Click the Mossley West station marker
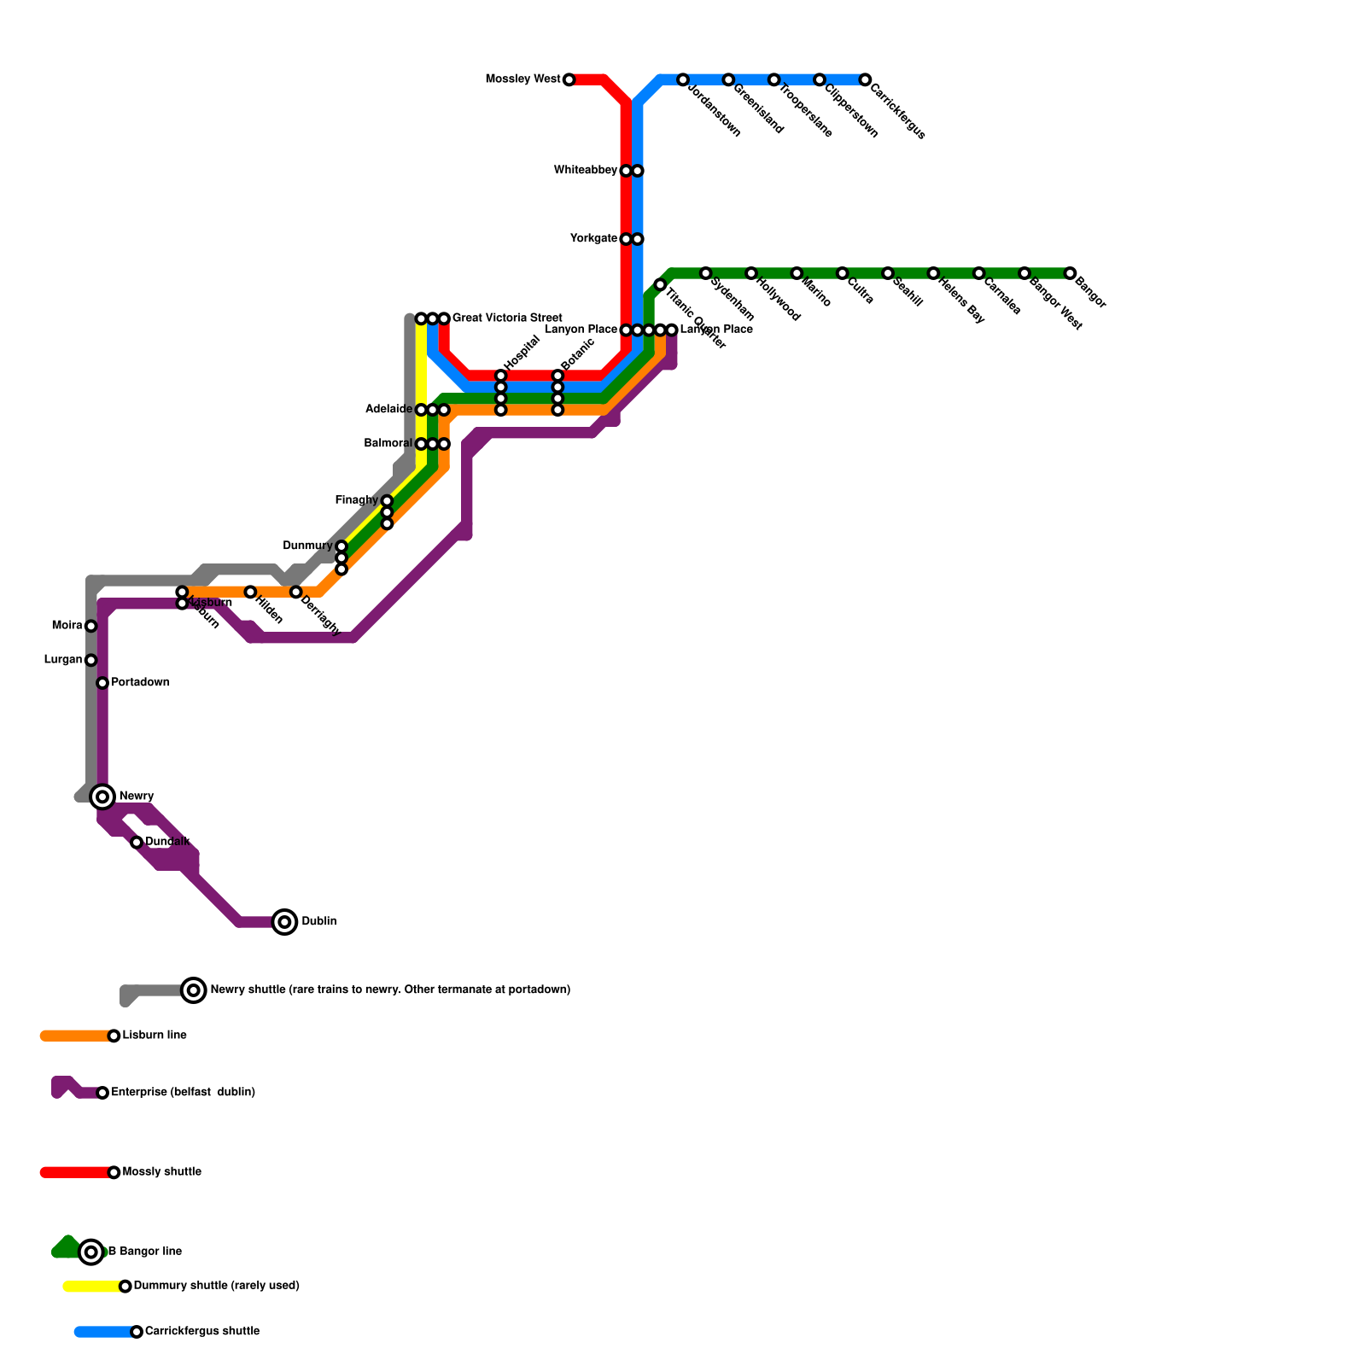[x=569, y=79]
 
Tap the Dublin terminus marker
[x=285, y=922]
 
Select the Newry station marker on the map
[x=102, y=797]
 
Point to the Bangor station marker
[x=1070, y=273]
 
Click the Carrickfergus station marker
[x=865, y=79]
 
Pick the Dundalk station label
[x=167, y=842]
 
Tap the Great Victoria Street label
[x=506, y=318]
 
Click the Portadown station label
[x=140, y=683]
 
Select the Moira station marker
[x=91, y=626]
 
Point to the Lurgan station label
[x=63, y=660]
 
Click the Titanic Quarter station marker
[x=660, y=284]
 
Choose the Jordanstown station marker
[x=683, y=79]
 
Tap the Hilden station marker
[x=250, y=592]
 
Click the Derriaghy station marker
[x=295, y=592]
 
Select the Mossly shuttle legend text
[x=161, y=1172]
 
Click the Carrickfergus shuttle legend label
[x=201, y=1332]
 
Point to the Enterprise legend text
[x=183, y=1093]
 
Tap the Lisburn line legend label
[x=155, y=1036]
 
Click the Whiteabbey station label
[x=585, y=171]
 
